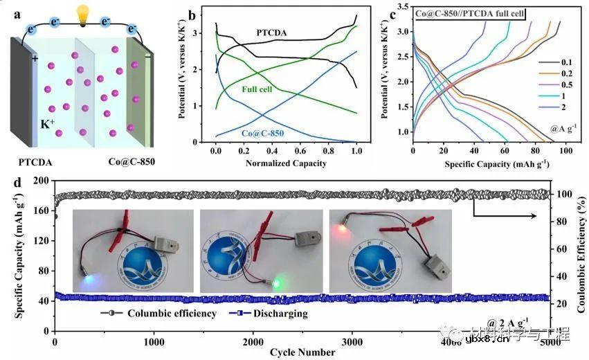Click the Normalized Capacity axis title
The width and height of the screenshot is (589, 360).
click(286, 163)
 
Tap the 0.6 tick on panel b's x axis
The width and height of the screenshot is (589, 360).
click(300, 150)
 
